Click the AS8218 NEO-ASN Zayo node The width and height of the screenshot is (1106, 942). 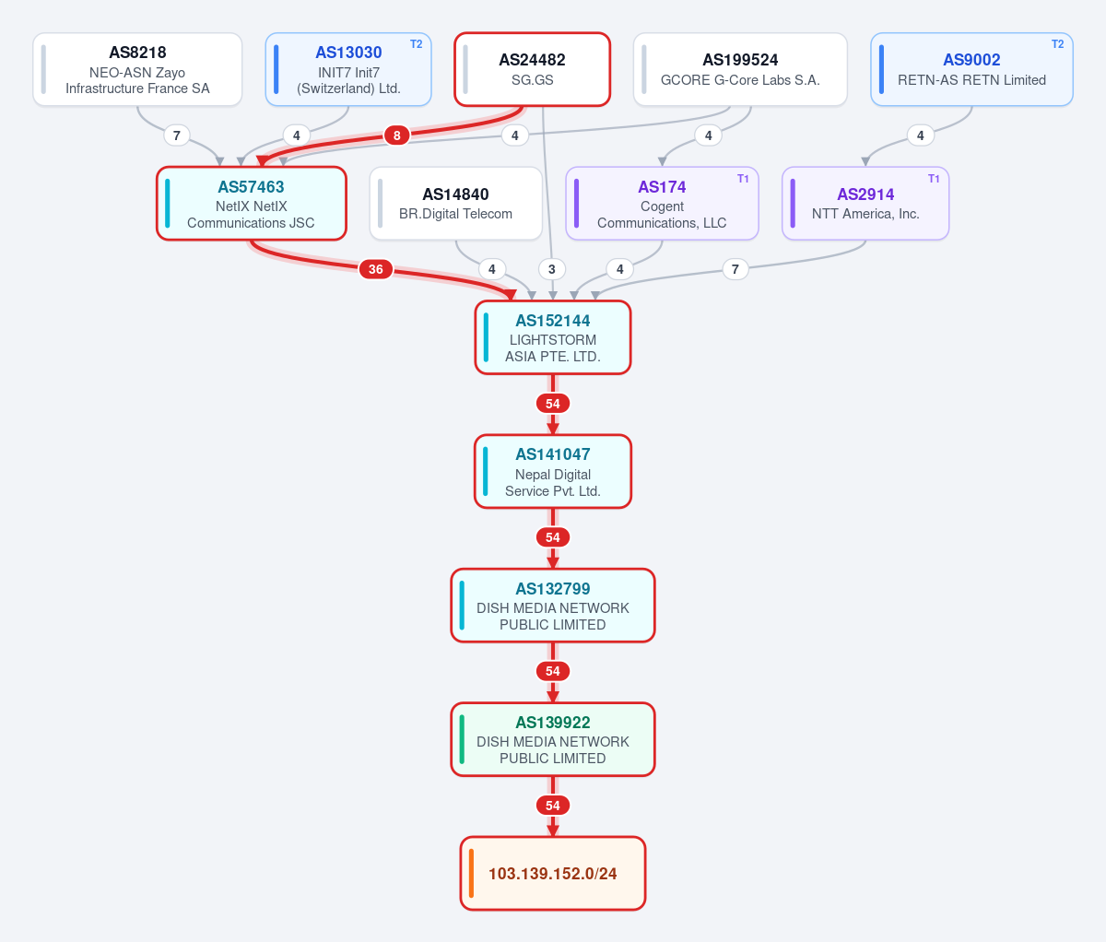(x=137, y=69)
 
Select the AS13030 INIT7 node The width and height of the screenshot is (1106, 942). (x=348, y=69)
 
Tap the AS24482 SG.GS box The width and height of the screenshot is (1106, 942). (x=533, y=69)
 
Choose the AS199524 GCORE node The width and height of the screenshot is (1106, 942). (x=740, y=69)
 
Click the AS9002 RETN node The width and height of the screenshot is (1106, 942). (x=971, y=69)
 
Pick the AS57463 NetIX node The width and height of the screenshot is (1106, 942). (x=252, y=204)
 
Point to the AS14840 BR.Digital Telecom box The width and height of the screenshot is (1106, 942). (x=456, y=204)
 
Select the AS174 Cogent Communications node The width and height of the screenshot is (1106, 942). (x=662, y=204)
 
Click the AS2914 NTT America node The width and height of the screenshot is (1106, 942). (x=865, y=204)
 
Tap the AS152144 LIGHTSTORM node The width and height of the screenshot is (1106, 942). (x=553, y=337)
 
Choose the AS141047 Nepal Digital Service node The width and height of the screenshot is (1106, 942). (x=553, y=472)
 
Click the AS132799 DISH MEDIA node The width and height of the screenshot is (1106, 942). (x=553, y=606)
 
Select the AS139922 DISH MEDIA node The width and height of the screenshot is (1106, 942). (x=553, y=739)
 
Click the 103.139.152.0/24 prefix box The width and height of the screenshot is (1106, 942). (x=553, y=874)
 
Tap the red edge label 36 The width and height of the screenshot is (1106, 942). (x=376, y=269)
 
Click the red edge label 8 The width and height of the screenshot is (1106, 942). (x=396, y=135)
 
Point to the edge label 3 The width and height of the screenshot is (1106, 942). (x=552, y=269)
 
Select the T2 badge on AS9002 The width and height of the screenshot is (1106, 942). (x=1057, y=44)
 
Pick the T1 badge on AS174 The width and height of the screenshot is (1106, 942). (x=743, y=179)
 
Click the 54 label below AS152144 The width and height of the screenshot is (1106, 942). (x=553, y=404)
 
